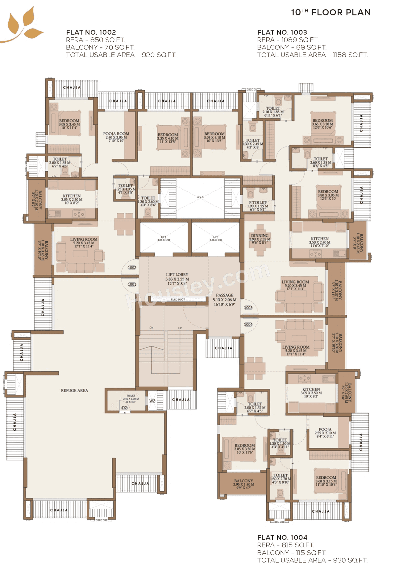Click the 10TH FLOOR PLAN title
point(331,12)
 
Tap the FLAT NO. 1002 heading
point(91,32)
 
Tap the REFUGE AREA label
point(74,391)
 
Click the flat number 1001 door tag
point(132,284)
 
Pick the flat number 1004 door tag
point(248,325)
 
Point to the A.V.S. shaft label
point(201,197)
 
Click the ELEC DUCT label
point(178,300)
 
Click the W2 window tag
point(152,401)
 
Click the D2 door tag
point(124,408)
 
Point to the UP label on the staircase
point(180,328)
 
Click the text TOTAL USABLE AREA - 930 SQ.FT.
point(312,560)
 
